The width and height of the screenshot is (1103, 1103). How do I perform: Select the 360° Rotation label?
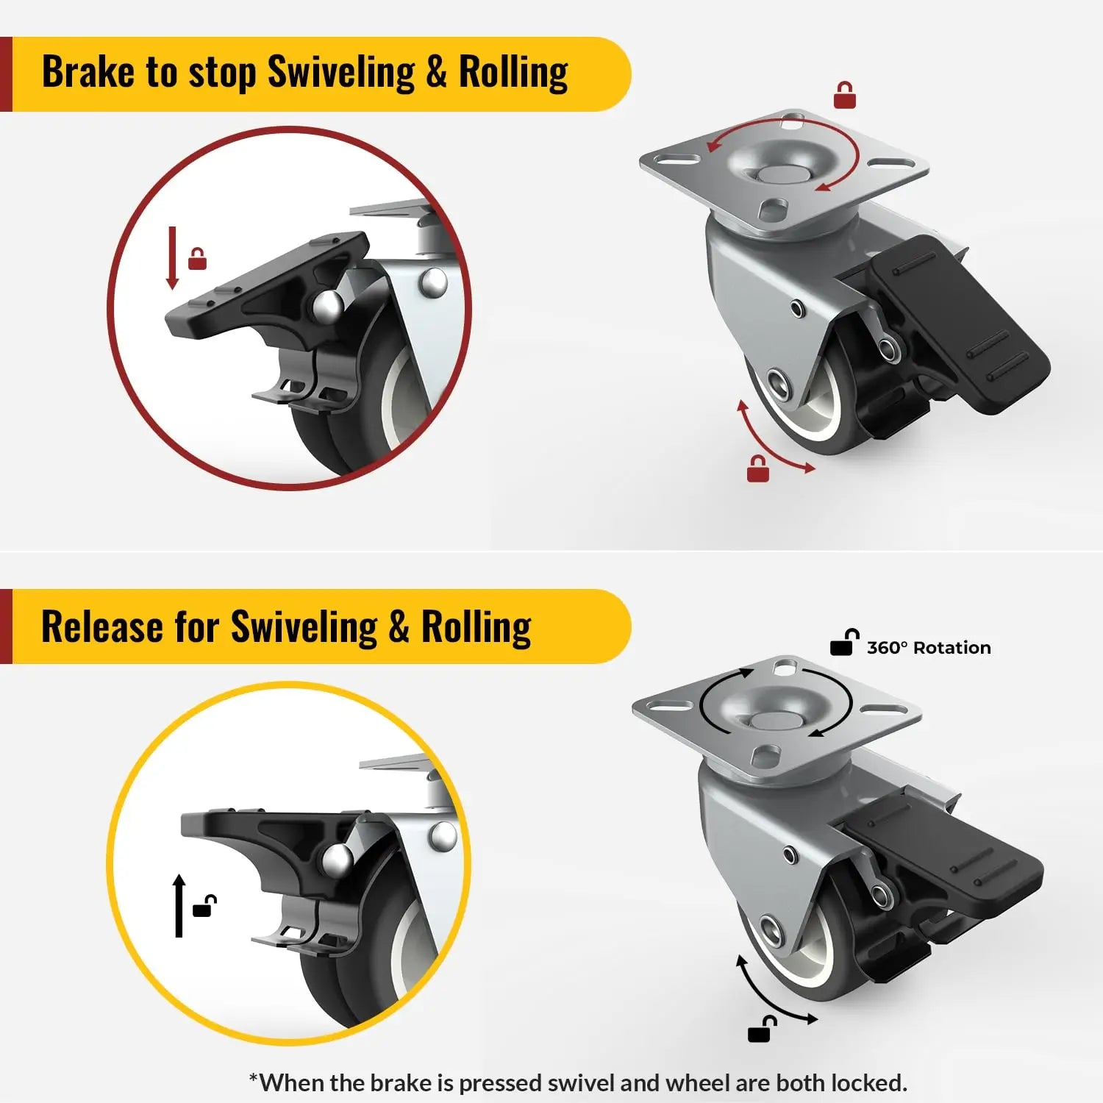pyautogui.click(x=928, y=648)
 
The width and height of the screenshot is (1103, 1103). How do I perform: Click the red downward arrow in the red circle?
pyautogui.click(x=173, y=257)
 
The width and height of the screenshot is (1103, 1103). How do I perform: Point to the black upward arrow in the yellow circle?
pyautogui.click(x=179, y=906)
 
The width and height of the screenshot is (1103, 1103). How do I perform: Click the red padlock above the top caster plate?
pyautogui.click(x=844, y=96)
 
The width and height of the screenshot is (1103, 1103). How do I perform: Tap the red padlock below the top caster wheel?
pyautogui.click(x=757, y=469)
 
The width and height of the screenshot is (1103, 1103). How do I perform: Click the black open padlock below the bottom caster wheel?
pyautogui.click(x=761, y=1029)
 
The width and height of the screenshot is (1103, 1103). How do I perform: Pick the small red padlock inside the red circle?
pyautogui.click(x=197, y=259)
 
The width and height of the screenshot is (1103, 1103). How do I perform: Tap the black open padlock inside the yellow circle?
pyautogui.click(x=204, y=907)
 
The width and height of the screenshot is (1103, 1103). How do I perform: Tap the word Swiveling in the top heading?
pyautogui.click(x=340, y=72)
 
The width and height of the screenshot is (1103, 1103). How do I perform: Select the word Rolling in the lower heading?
pyautogui.click(x=476, y=627)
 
